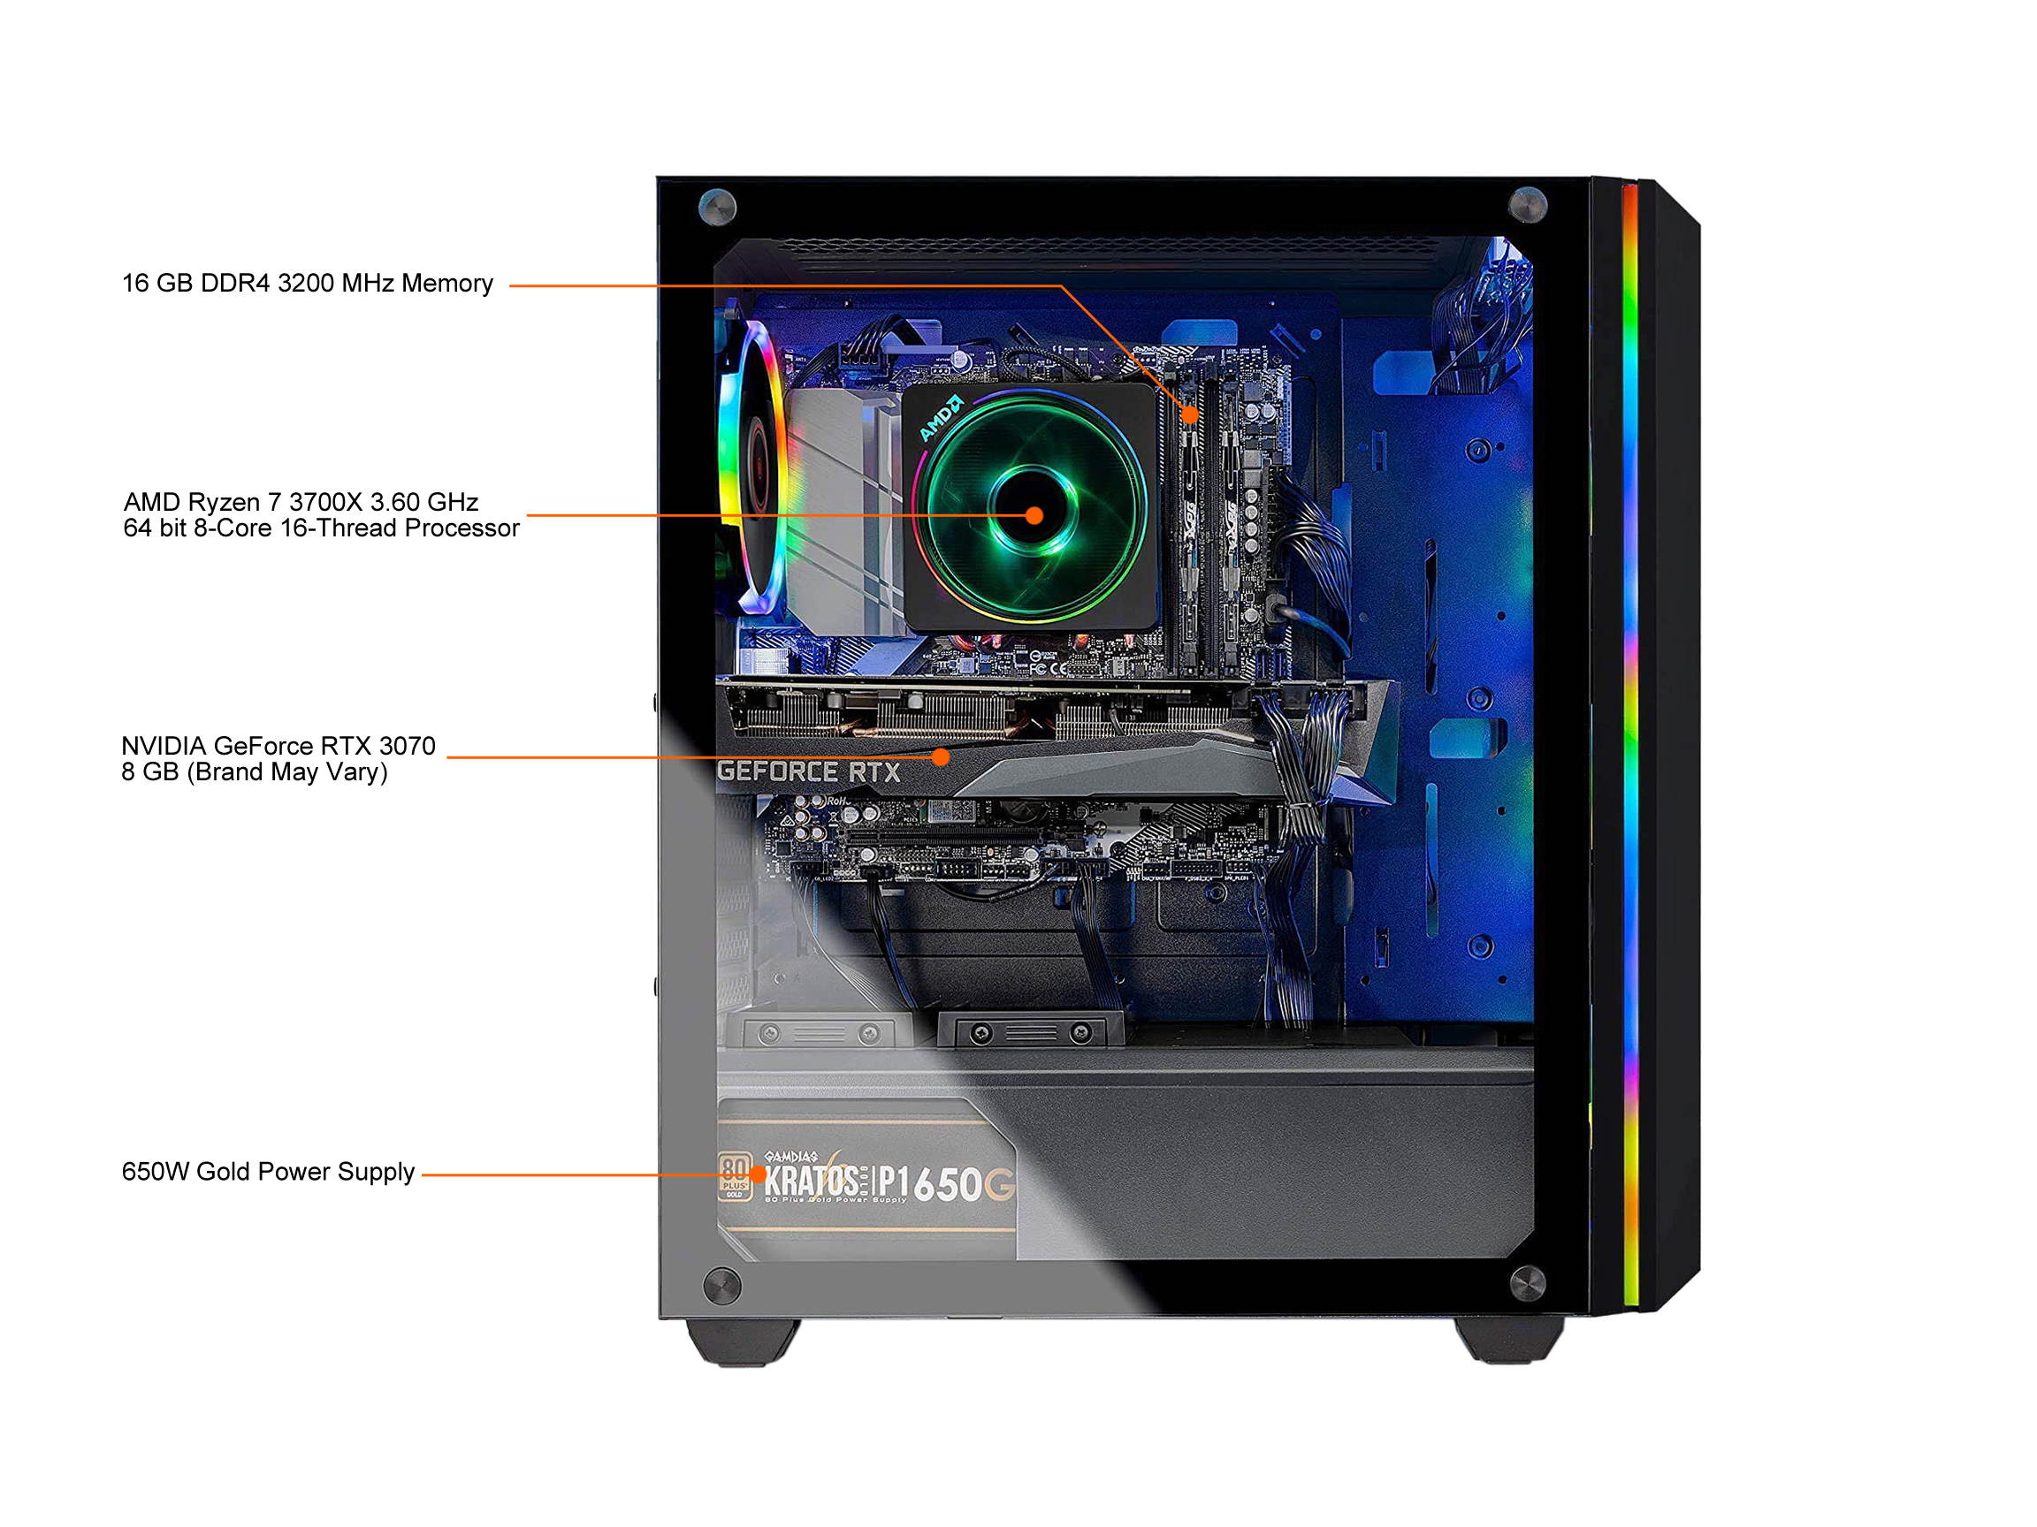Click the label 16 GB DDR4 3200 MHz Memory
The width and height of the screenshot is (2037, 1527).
[308, 283]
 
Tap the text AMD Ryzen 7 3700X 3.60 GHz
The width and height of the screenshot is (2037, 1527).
[301, 502]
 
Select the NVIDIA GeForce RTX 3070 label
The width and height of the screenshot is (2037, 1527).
[278, 746]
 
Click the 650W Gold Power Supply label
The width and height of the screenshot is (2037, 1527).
[268, 1172]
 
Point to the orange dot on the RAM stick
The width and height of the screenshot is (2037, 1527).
[1190, 414]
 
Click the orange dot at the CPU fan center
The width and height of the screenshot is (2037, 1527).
[1034, 515]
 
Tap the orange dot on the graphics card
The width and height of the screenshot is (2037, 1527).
[940, 756]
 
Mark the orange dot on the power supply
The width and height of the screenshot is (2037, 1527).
[757, 1174]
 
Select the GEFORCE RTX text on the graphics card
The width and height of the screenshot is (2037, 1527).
[809, 771]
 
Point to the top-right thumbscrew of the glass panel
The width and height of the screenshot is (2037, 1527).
[1527, 204]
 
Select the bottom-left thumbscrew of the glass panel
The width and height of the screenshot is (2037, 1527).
[721, 1285]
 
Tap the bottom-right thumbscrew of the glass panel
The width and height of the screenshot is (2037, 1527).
[1527, 1283]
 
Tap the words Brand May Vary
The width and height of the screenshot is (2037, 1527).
[286, 772]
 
